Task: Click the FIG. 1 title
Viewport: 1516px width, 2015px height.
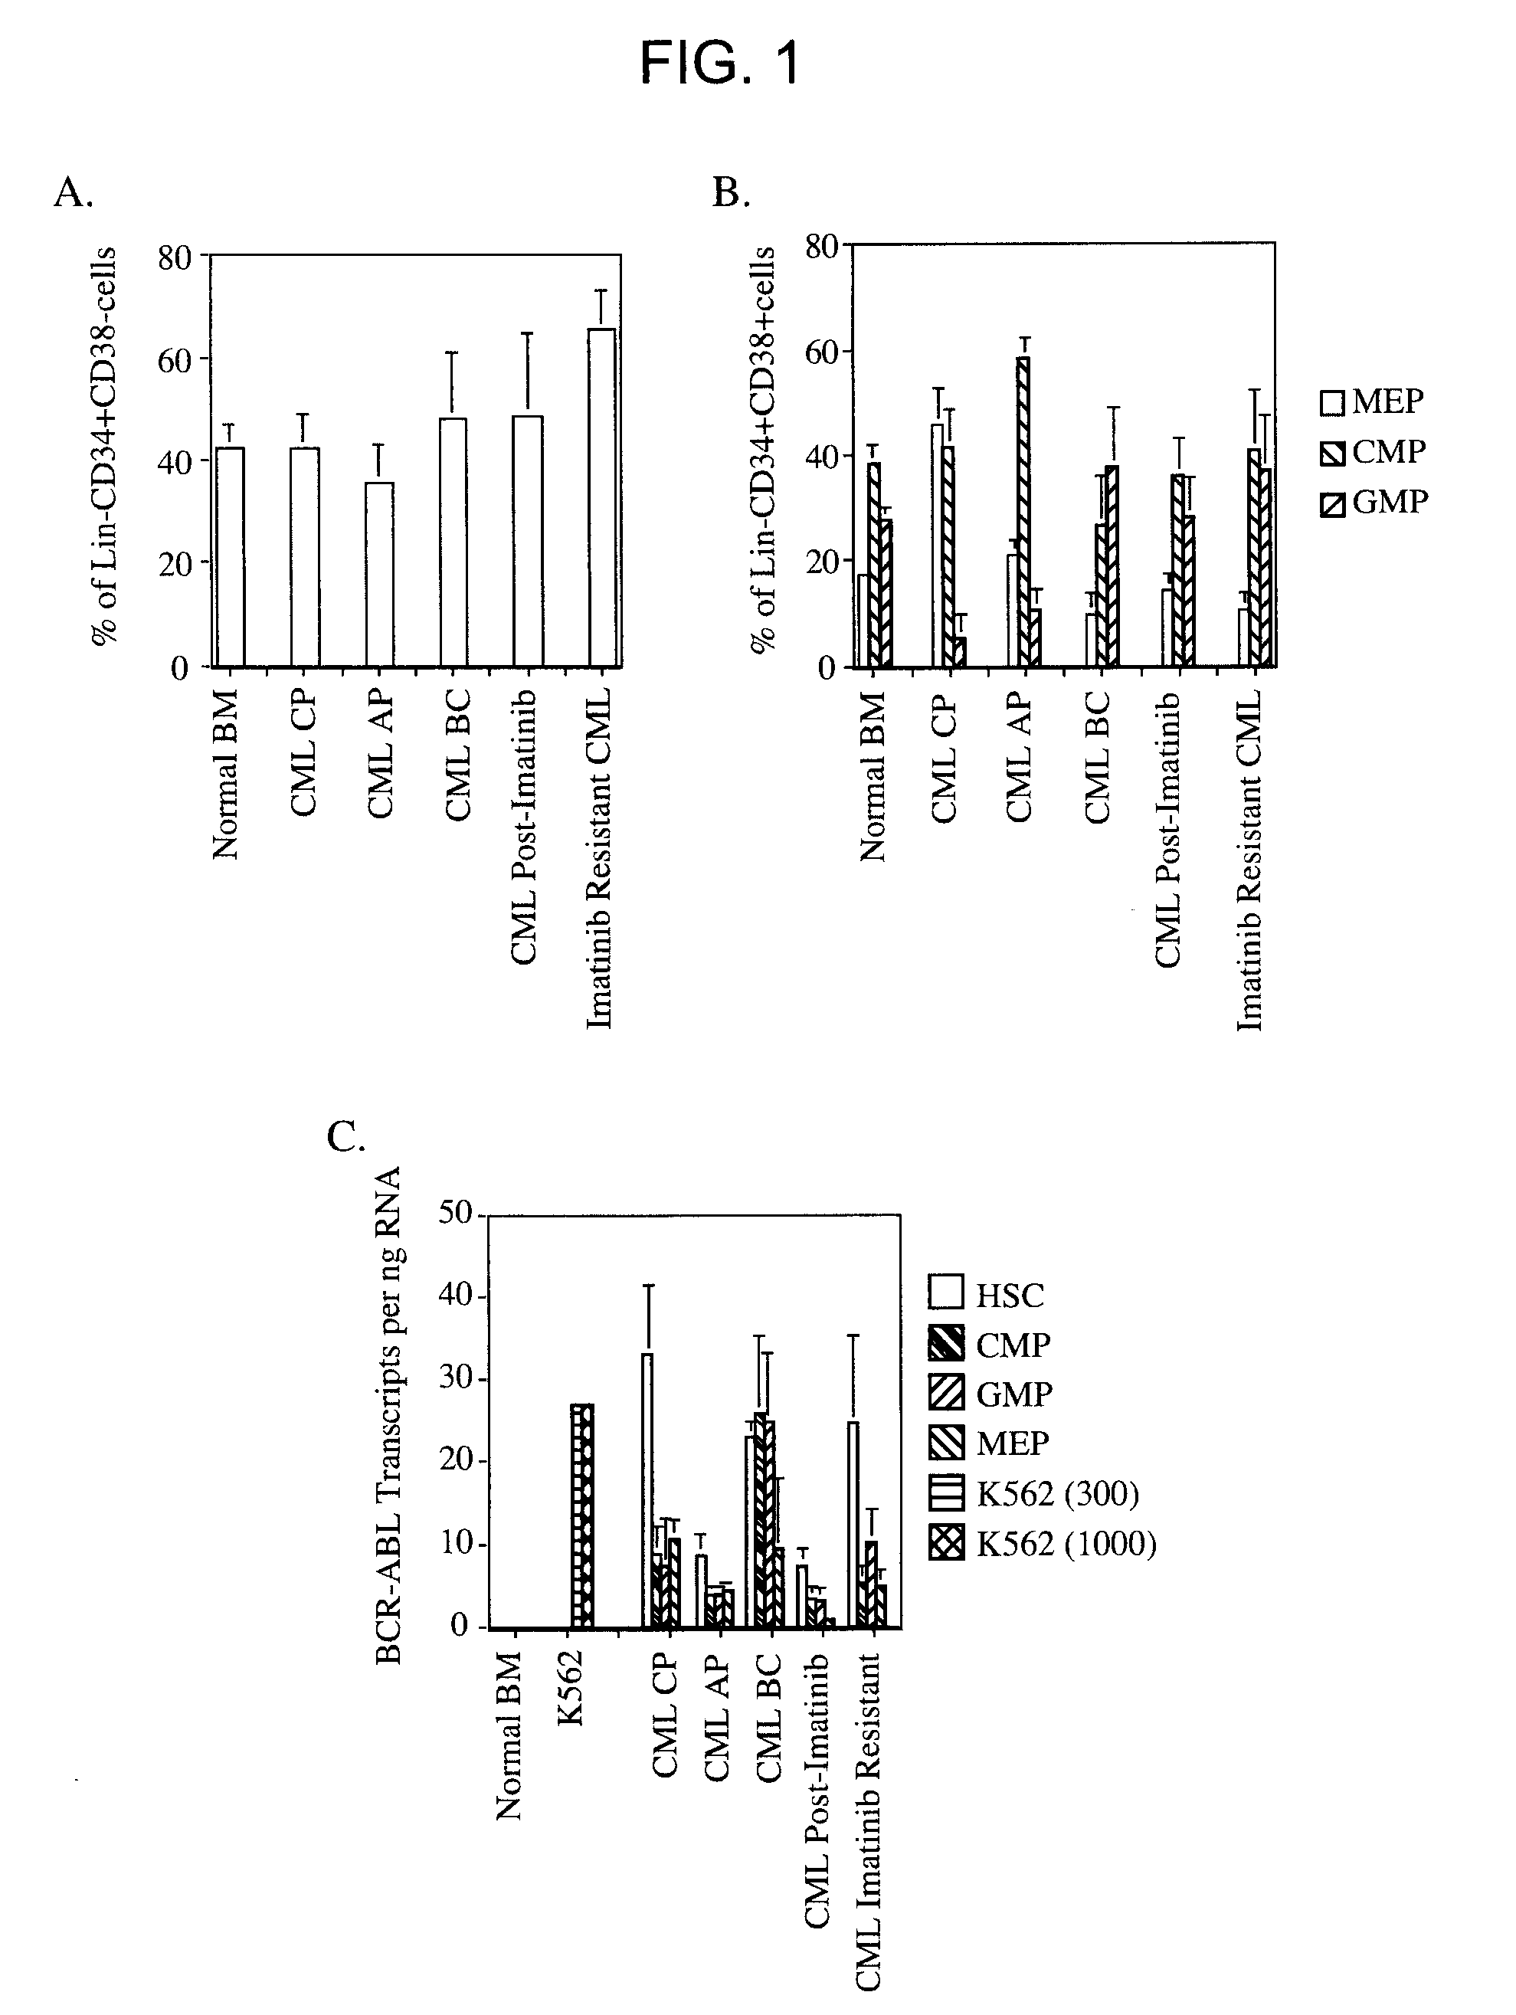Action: pos(720,63)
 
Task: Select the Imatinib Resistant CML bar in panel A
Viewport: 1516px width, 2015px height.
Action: pos(601,497)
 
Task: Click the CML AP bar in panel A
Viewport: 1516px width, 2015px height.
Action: pos(379,575)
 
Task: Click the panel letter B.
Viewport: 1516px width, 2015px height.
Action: pos(731,192)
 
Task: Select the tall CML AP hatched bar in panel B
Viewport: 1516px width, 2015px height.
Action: pos(1024,511)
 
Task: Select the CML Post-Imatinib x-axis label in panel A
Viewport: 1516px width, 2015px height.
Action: pos(524,826)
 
